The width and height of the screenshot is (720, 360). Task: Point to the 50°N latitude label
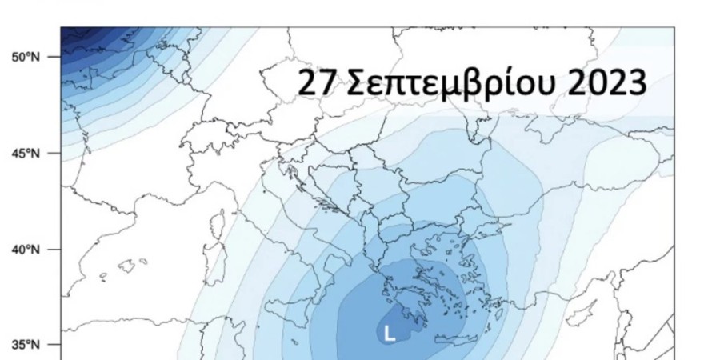coord(25,58)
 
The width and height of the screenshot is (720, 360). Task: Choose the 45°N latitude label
coord(25,154)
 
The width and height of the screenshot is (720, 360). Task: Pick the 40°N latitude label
coord(25,250)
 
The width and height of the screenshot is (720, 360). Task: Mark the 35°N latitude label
coord(25,346)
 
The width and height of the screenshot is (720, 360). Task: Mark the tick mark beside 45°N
coord(54,154)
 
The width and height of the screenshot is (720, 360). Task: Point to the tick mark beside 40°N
coord(54,250)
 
